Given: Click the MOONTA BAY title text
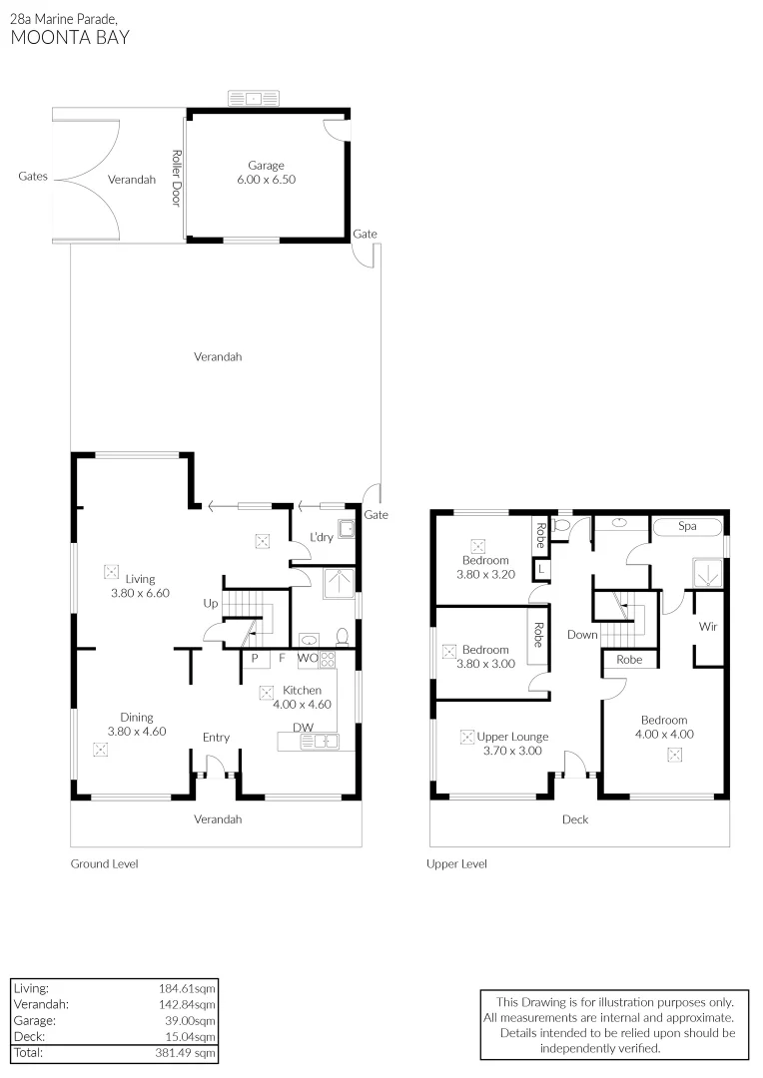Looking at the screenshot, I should [70, 37].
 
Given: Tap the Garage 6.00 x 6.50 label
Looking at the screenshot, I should [266, 173].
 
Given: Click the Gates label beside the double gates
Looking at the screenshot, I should [33, 177].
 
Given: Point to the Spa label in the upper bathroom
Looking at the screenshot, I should [687, 526].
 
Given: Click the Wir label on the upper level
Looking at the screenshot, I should [707, 627].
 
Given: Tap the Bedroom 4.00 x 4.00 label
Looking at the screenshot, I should [664, 727].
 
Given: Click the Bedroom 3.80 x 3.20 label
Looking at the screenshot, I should [486, 567].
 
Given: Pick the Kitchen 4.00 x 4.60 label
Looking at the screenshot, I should [302, 697].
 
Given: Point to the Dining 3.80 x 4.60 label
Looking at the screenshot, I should [136, 724].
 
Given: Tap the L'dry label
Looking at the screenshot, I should [322, 537].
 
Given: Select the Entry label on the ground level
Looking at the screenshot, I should [216, 738].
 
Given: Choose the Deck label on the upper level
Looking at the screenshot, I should [575, 819].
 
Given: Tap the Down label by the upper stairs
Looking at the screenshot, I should [581, 635].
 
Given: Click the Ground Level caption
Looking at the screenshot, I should [104, 863].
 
